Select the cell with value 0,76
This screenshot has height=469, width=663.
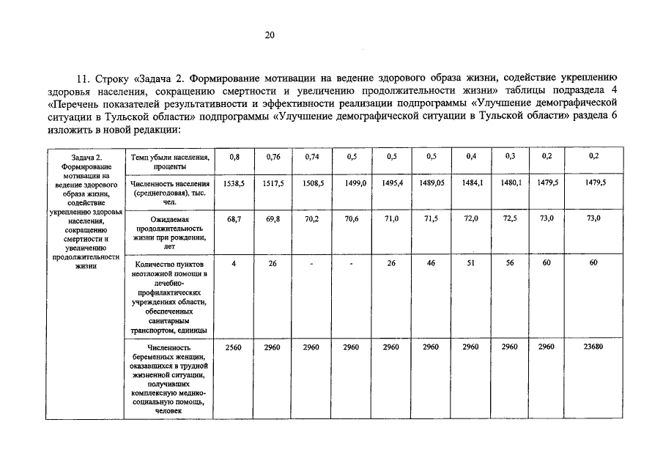pos(273,157)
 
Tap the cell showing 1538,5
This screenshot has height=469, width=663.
pos(234,183)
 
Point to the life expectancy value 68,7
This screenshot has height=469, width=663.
pos(234,219)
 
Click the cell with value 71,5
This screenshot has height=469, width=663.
pos(431,219)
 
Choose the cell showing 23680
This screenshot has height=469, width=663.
pos(593,347)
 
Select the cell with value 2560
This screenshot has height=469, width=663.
pos(234,347)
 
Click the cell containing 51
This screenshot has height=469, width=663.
pos(471,264)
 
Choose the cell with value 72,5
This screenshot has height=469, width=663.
pos(510,219)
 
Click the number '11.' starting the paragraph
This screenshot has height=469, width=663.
pos(83,78)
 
